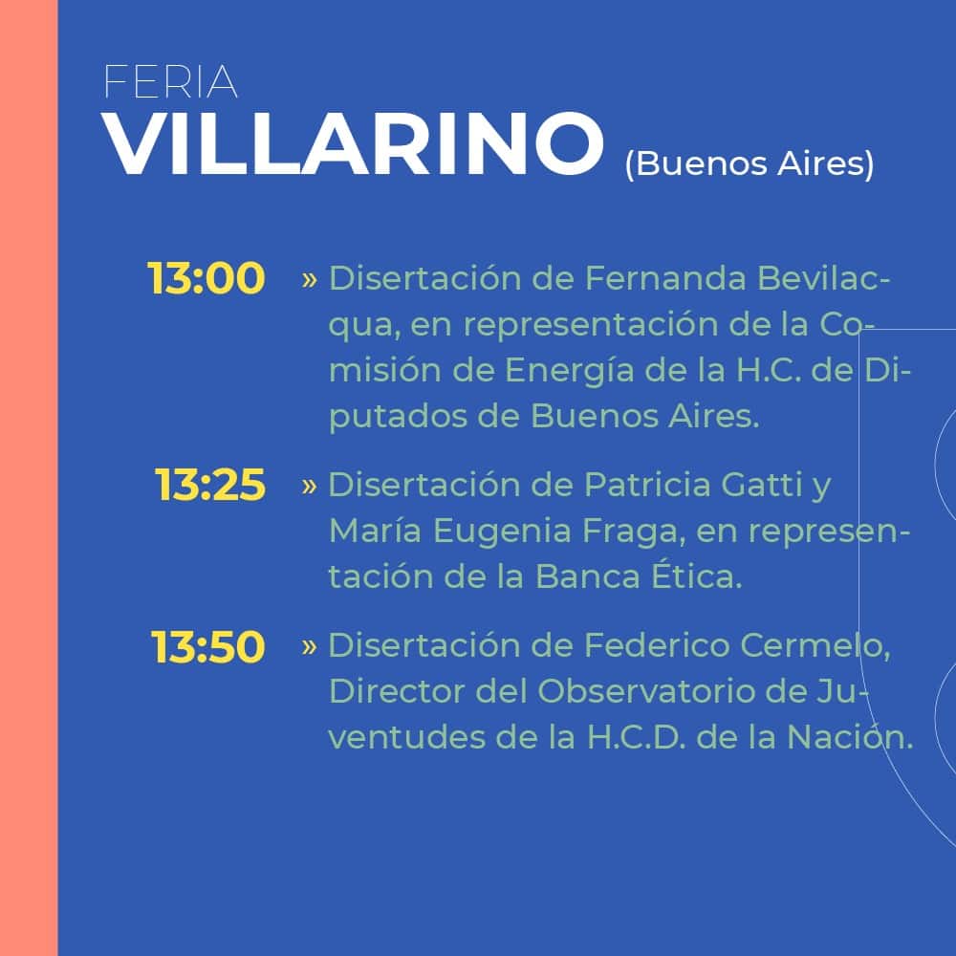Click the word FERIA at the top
[171, 81]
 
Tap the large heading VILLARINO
[353, 144]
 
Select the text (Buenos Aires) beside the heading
[750, 164]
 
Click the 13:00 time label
[206, 278]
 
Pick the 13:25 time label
[209, 486]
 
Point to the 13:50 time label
[207, 647]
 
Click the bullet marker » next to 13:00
[309, 280]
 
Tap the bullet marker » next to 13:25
[309, 486]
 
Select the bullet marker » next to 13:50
[309, 646]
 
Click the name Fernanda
[665, 278]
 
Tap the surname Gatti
[762, 485]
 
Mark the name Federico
[658, 645]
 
